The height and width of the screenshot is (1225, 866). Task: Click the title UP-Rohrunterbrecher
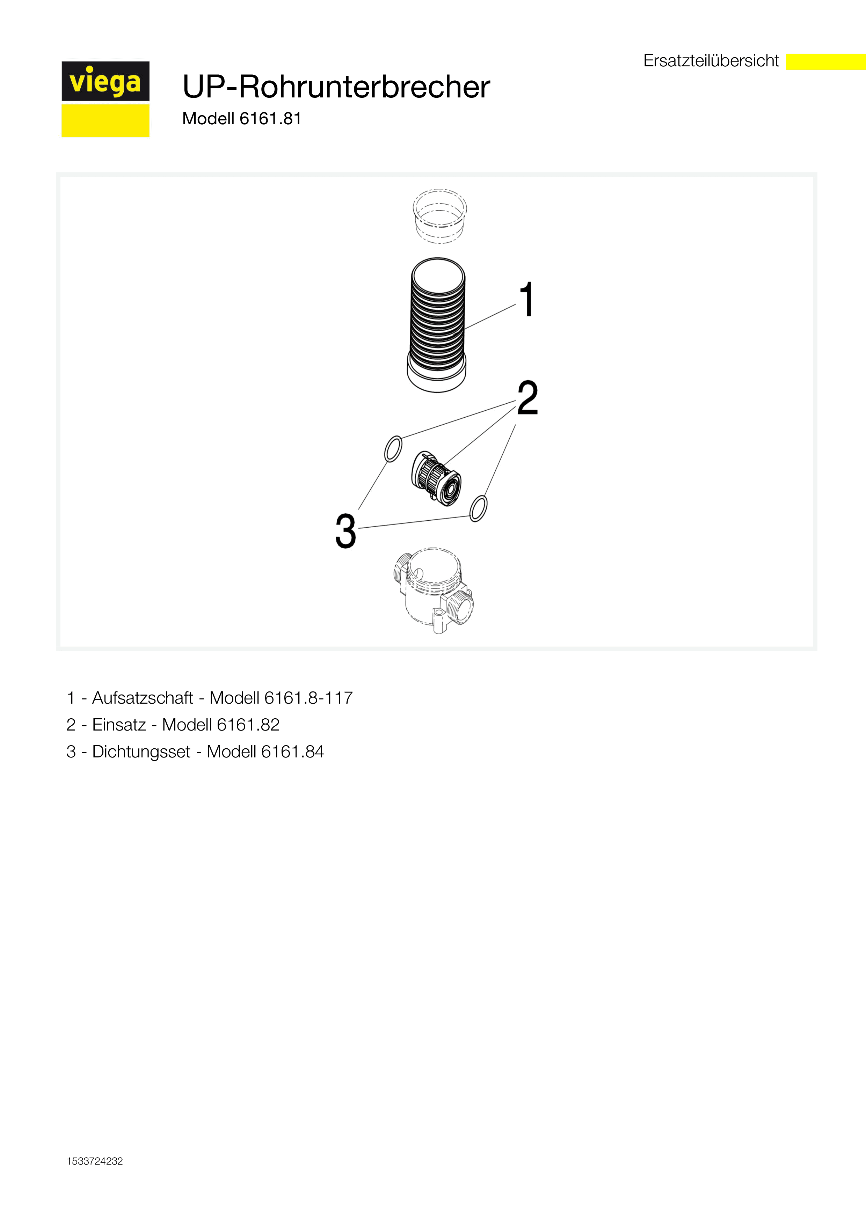click(x=336, y=87)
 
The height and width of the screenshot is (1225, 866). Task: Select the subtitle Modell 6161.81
click(x=242, y=118)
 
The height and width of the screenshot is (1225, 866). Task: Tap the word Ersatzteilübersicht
click(x=711, y=61)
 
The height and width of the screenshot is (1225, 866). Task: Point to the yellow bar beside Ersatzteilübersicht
click(x=826, y=61)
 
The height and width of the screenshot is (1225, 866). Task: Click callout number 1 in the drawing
click(x=527, y=299)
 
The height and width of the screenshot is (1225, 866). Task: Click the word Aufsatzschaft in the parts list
click(x=143, y=698)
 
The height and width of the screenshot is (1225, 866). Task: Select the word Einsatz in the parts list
click(x=119, y=725)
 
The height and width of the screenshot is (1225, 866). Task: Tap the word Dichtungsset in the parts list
click(x=141, y=752)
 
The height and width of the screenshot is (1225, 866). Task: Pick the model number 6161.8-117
click(x=308, y=698)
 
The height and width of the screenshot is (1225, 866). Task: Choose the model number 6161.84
click(x=292, y=752)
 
